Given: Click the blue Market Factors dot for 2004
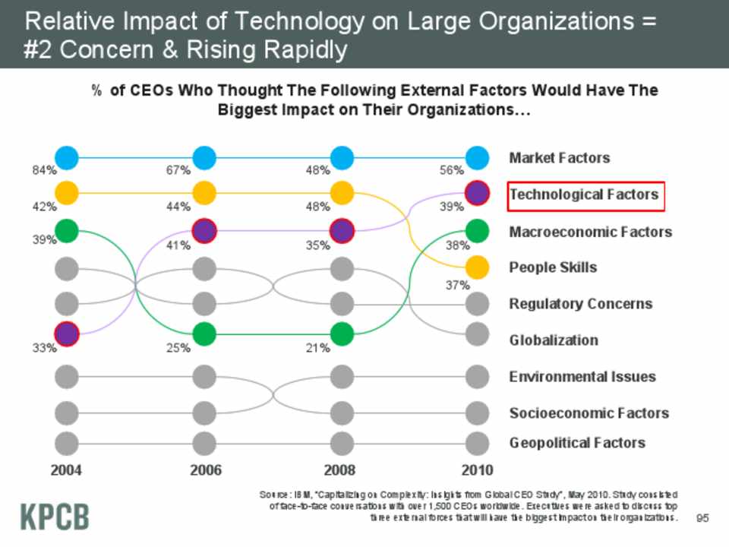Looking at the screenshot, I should pyautogui.click(x=67, y=157).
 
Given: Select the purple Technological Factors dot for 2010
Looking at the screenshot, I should pyautogui.click(x=476, y=193).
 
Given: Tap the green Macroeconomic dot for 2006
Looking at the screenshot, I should pyautogui.click(x=204, y=333).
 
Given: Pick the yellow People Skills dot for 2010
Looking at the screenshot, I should pyautogui.click(x=476, y=267).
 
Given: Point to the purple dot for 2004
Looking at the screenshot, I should pyautogui.click(x=67, y=333).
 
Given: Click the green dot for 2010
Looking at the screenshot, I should pyautogui.click(x=476, y=229).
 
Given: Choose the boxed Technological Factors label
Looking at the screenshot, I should pyautogui.click(x=585, y=195).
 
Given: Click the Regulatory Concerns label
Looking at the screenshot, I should pyautogui.click(x=580, y=304).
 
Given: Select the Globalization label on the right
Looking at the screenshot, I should pyautogui.click(x=553, y=340).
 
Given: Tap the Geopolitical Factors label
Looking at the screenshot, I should pyautogui.click(x=577, y=443).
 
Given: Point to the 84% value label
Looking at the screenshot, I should pyautogui.click(x=43, y=171).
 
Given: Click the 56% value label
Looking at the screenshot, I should pyautogui.click(x=452, y=171).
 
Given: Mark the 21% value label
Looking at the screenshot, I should pyautogui.click(x=318, y=349).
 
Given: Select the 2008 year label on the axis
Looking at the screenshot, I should pyautogui.click(x=340, y=470).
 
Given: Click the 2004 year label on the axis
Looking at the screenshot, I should pyautogui.click(x=67, y=470).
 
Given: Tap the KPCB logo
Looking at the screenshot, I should pyautogui.click(x=54, y=516).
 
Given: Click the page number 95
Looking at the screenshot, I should pyautogui.click(x=702, y=518).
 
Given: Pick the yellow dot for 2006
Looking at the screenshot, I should pyautogui.click(x=204, y=193).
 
